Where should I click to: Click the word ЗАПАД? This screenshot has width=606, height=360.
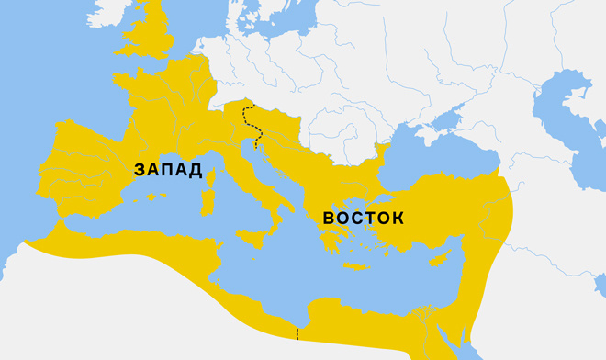167,170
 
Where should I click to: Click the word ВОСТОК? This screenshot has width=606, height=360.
364,219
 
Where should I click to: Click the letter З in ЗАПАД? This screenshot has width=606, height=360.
140,170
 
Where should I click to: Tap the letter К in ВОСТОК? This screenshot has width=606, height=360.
397,219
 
